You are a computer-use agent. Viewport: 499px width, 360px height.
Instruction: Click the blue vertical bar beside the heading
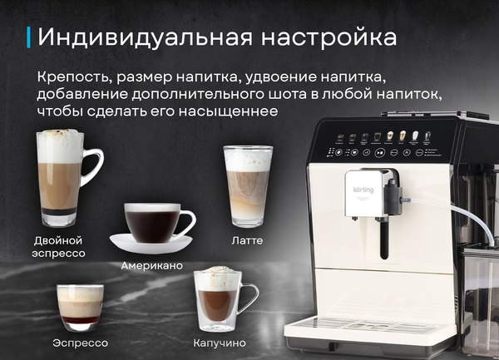click(x=30, y=37)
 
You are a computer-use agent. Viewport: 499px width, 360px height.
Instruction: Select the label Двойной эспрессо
click(x=59, y=246)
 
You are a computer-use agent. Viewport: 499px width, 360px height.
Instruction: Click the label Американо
click(x=152, y=267)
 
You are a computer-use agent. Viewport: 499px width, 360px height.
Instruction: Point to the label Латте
click(x=247, y=241)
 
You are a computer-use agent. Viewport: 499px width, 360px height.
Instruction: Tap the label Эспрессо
click(x=80, y=342)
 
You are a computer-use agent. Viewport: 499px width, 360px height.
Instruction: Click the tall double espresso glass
click(x=60, y=179)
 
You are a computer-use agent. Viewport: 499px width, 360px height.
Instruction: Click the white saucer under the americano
click(x=152, y=245)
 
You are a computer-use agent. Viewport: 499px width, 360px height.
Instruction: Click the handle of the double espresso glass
click(x=93, y=168)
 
